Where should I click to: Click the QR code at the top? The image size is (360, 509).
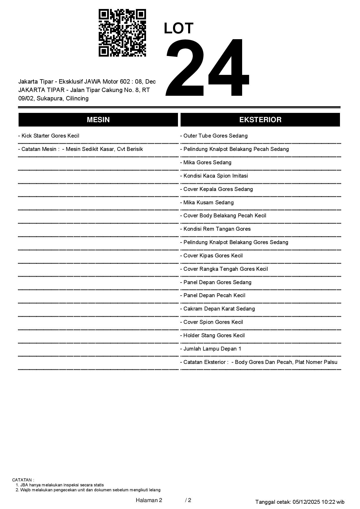(x=122, y=33)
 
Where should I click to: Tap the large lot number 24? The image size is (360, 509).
(x=207, y=67)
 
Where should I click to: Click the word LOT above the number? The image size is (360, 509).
(x=179, y=28)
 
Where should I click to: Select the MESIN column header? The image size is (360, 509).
(x=98, y=120)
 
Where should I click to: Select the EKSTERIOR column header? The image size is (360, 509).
(x=260, y=120)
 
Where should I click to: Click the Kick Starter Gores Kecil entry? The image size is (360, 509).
(x=49, y=136)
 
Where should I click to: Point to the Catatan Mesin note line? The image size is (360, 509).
(x=80, y=149)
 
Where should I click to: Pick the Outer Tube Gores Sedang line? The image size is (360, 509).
(x=214, y=136)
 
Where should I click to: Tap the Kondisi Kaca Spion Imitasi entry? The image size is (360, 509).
(x=214, y=176)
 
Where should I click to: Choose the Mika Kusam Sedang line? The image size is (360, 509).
(x=207, y=203)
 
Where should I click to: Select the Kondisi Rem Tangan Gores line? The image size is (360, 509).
(x=215, y=229)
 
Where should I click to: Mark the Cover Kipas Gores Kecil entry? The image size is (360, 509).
(x=211, y=256)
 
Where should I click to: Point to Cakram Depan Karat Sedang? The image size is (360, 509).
(x=217, y=309)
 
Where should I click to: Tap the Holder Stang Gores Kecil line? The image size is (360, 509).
(x=213, y=335)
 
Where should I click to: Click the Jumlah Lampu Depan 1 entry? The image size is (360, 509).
(x=211, y=349)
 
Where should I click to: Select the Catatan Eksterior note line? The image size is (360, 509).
(x=259, y=362)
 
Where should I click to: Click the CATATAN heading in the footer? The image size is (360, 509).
(x=23, y=480)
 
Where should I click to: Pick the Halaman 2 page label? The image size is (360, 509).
(x=149, y=500)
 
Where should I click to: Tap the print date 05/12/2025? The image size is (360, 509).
(x=306, y=502)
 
